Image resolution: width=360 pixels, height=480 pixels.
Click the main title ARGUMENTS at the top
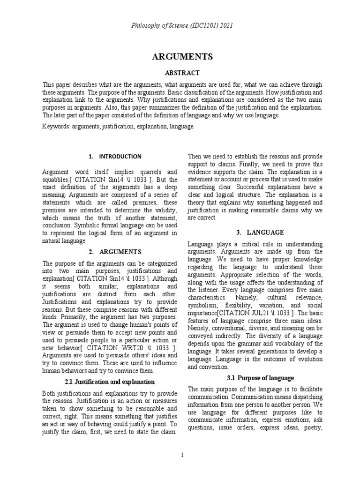pyautogui.click(x=182, y=57)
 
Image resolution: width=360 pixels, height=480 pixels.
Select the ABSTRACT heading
pyautogui.click(x=182, y=73)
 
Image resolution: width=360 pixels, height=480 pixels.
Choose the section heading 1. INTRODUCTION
pyautogui.click(x=114, y=157)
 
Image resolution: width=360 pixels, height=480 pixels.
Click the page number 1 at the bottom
pyautogui.click(x=182, y=455)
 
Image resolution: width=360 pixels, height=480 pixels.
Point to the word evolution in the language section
pyautogui.click(x=307, y=359)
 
